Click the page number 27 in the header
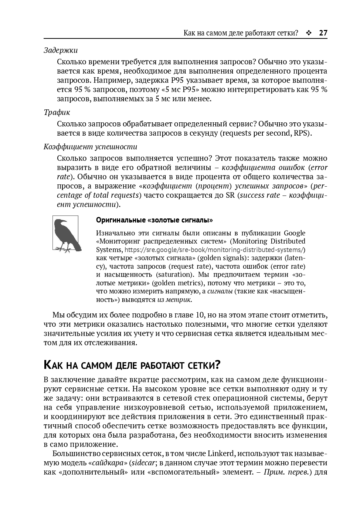click(323, 33)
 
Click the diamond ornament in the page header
click(309, 33)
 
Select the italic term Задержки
click(61, 50)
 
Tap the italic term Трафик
click(57, 112)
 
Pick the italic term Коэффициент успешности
click(90, 146)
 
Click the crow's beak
click(66, 222)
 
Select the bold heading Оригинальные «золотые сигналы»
click(154, 220)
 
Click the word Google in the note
click(295, 233)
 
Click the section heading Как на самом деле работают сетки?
click(132, 365)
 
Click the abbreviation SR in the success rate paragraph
click(230, 195)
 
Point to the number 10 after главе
click(200, 315)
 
